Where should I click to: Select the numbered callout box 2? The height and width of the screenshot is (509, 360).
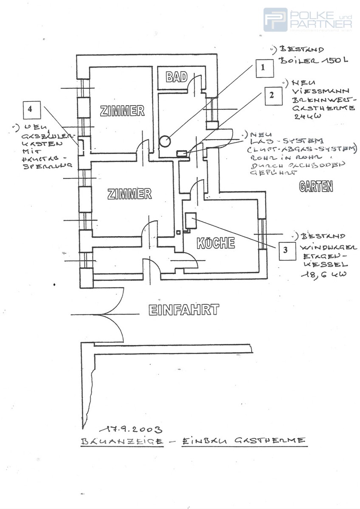(272, 95)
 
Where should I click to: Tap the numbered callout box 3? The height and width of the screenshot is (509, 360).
(285, 250)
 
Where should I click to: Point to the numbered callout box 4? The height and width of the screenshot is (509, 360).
(30, 109)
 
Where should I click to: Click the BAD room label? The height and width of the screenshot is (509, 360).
(177, 77)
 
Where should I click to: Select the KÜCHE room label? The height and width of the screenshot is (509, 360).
(216, 243)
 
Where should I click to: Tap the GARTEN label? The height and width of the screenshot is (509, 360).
(316, 187)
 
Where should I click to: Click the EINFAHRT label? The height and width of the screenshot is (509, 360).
(184, 310)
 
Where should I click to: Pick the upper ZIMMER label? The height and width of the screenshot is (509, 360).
(122, 111)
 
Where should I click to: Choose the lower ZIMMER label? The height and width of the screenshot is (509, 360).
(129, 194)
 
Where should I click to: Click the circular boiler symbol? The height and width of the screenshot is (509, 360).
(165, 140)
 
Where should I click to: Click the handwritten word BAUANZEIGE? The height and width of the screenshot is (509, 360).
(121, 442)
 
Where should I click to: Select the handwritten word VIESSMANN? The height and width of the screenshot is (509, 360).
(321, 91)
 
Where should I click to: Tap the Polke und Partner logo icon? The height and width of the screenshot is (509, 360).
(275, 20)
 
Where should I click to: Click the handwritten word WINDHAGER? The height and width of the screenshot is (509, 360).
(329, 247)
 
